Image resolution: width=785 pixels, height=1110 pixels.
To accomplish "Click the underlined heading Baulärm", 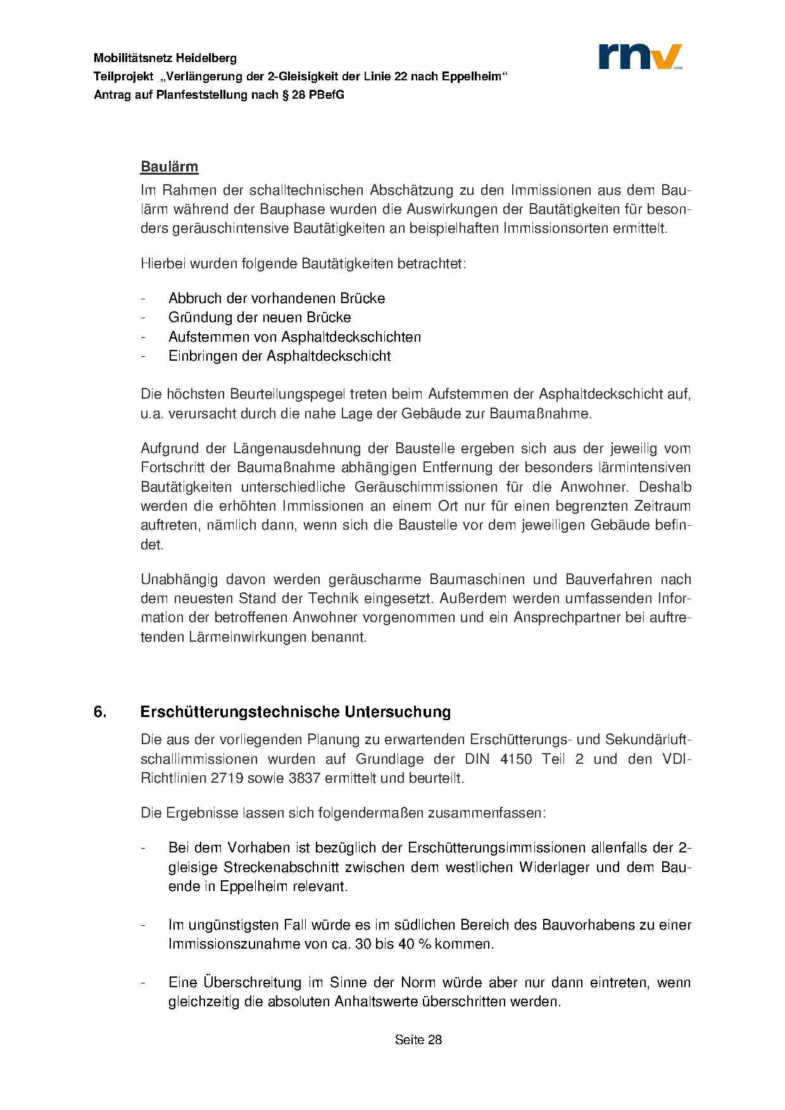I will tap(169, 167).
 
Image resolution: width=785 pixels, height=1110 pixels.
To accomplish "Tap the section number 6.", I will tap(99, 712).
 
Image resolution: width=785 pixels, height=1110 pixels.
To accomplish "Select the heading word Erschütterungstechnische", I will tap(240, 712).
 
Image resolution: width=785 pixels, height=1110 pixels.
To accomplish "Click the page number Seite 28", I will tap(418, 1039).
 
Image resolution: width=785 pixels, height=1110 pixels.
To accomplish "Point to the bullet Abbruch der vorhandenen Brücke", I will tap(277, 298).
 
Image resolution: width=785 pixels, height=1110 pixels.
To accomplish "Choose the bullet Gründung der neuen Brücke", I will tap(260, 317).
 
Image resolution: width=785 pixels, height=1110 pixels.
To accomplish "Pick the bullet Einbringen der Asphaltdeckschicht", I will tap(279, 356).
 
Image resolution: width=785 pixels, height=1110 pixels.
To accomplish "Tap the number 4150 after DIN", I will tap(515, 759).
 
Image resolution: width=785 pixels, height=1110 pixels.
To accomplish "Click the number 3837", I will tap(304, 778).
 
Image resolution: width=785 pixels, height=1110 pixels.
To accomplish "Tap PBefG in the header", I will tap(327, 95).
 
